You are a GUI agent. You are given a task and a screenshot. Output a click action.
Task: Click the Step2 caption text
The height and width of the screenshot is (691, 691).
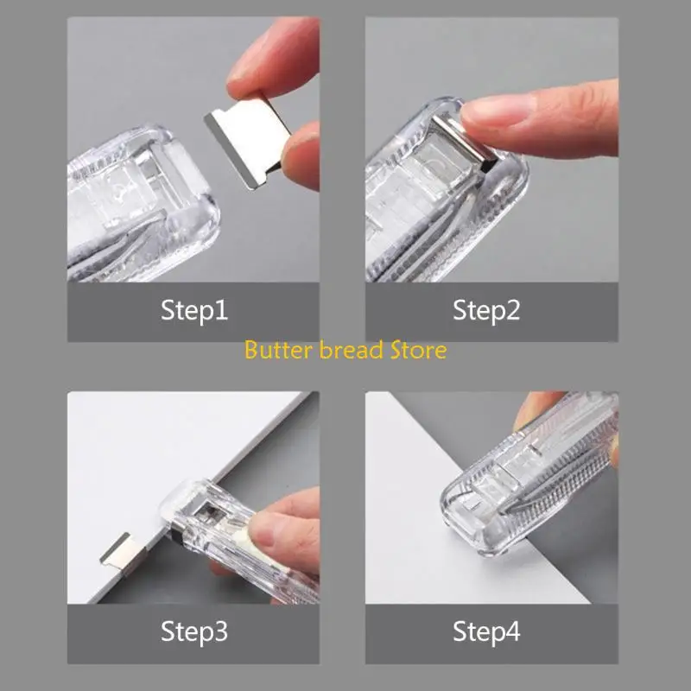[486, 311]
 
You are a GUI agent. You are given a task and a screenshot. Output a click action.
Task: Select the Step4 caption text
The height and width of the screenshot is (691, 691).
[486, 631]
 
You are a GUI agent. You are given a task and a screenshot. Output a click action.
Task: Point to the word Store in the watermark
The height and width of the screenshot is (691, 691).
[417, 350]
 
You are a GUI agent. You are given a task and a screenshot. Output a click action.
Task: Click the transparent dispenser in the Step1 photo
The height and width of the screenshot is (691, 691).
[138, 207]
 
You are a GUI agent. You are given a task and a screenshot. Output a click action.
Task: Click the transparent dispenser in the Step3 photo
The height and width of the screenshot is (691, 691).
[216, 527]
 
